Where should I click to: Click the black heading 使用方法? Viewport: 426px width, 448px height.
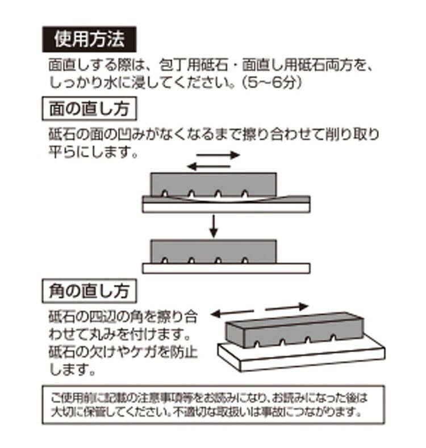89,39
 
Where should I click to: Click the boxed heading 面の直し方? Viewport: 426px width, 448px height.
89,108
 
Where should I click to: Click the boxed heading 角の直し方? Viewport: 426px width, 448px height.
89,291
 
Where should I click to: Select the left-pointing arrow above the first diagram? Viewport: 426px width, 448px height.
210,166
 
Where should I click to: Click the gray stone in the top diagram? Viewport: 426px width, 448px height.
214,183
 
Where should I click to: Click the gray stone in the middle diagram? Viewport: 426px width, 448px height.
214,250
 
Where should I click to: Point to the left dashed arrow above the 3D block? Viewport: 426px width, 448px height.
233,311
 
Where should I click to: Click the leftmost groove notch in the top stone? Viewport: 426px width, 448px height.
165,194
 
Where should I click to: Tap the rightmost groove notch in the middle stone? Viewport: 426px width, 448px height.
245,261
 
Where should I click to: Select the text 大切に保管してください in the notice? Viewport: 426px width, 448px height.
103,411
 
